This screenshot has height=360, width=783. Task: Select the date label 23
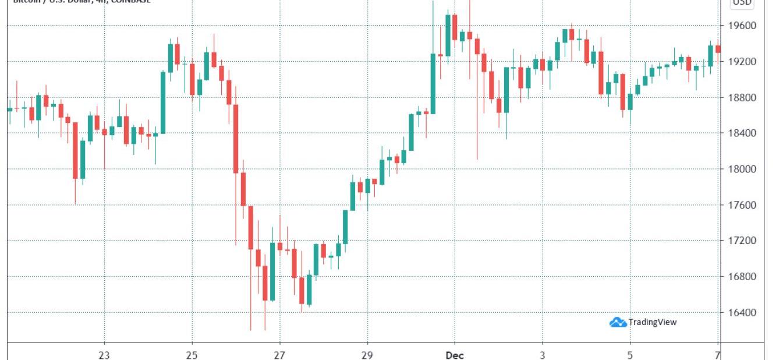tap(105, 355)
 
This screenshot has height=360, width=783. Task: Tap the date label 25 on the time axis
tap(192, 355)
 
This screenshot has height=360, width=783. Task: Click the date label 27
tap(279, 355)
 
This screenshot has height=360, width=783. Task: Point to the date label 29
tap(367, 355)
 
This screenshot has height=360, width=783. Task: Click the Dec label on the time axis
tap(455, 355)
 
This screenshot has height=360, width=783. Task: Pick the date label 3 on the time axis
tap(543, 355)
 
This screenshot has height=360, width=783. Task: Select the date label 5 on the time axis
tap(630, 355)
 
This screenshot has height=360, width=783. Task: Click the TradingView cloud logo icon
tap(618, 322)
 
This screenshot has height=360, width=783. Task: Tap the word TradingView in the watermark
tap(653, 322)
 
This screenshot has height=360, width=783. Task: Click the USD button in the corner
tap(742, 3)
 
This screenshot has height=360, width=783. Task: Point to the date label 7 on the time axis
tap(718, 355)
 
